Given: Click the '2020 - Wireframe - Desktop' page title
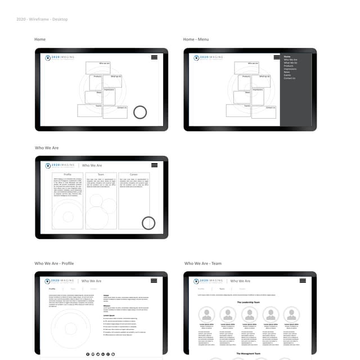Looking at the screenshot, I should click(x=42, y=19).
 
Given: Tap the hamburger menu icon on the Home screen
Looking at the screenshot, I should click(x=154, y=57).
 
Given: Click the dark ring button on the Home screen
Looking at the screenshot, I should click(x=140, y=112).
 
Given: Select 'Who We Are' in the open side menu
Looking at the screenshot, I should click(x=290, y=60).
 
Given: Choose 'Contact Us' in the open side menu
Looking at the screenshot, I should click(x=289, y=78).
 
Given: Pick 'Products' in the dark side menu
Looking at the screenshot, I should click(x=289, y=66).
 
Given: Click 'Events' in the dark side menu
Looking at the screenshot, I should click(x=287, y=75).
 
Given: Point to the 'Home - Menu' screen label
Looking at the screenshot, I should click(x=196, y=39).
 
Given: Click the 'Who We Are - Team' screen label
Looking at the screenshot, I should click(x=203, y=263).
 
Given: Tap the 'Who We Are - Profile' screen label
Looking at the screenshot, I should click(x=54, y=263).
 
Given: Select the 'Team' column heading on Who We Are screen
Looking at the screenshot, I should click(x=101, y=175).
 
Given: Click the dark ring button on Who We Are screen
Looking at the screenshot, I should click(x=148, y=223).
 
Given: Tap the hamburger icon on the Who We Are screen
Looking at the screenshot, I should click(x=154, y=165).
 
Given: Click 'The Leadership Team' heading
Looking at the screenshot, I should click(x=248, y=302).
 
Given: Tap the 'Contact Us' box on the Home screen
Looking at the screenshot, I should click(x=121, y=108).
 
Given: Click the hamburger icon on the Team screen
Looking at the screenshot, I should click(x=303, y=280).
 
